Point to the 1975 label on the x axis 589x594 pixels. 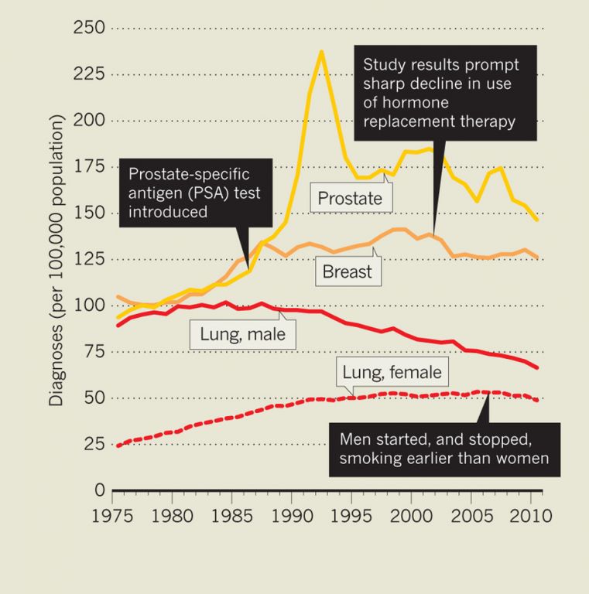pyautogui.click(x=113, y=514)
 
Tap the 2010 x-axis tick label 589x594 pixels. pyautogui.click(x=529, y=514)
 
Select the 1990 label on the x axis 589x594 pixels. pyautogui.click(x=292, y=514)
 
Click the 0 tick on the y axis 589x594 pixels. pyautogui.click(x=99, y=490)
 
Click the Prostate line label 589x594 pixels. pyautogui.click(x=351, y=199)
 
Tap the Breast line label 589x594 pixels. pyautogui.click(x=348, y=271)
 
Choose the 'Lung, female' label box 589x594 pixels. pyautogui.click(x=392, y=374)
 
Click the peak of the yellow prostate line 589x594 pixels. pyautogui.click(x=321, y=52)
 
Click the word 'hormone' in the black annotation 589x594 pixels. pyautogui.click(x=395, y=102)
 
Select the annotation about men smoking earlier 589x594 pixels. pyautogui.click(x=445, y=449)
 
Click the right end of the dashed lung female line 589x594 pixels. pyautogui.click(x=537, y=400)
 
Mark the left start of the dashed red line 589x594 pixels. pyautogui.click(x=118, y=445)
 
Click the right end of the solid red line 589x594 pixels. pyautogui.click(x=537, y=367)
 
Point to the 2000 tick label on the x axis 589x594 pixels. pyautogui.click(x=411, y=514)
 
